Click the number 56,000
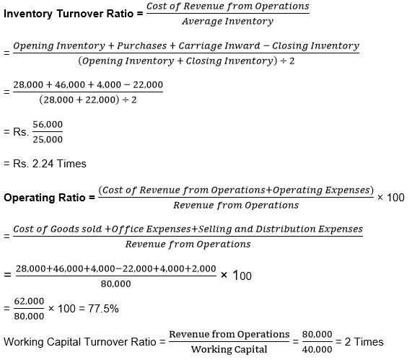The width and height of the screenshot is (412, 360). coord(47,125)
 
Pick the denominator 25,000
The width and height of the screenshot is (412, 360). coord(47,139)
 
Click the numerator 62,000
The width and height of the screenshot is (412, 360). coord(29,301)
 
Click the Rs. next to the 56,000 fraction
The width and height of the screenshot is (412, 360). coord(19,132)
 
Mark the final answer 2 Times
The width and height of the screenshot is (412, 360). coord(364,341)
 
